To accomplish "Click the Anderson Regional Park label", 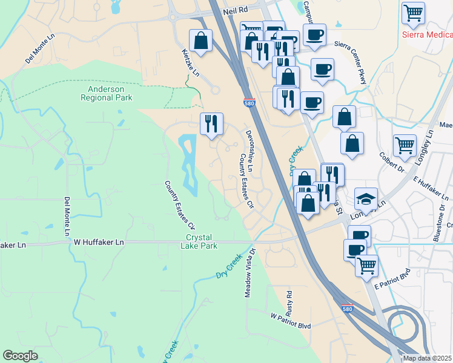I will (106, 93).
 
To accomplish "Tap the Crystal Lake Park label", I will (201, 241).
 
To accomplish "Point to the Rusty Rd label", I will (289, 301).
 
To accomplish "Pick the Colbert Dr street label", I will (391, 163).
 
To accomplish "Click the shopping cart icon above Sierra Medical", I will (413, 12).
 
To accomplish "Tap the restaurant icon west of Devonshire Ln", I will (211, 123).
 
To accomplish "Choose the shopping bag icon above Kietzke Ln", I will (200, 41).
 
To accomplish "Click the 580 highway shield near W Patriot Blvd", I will (346, 308).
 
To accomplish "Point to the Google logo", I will (21, 356).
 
